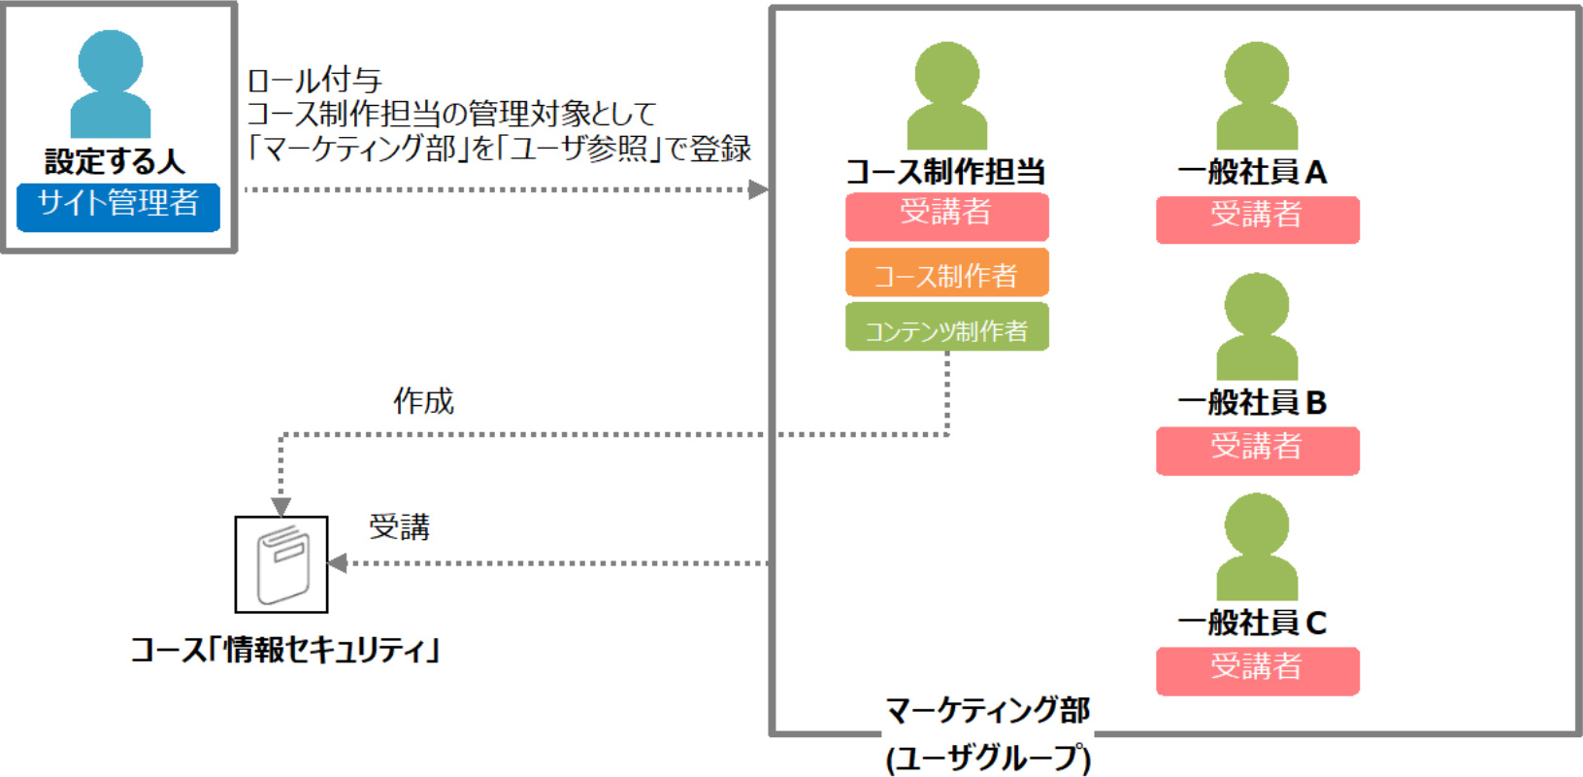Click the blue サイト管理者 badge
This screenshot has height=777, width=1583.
(118, 207)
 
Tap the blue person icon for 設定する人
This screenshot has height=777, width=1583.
(111, 84)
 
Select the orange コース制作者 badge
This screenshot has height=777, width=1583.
(947, 272)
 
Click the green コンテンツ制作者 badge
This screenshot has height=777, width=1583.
(947, 326)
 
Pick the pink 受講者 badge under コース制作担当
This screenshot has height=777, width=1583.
(947, 217)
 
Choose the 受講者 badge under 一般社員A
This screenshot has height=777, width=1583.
(1258, 220)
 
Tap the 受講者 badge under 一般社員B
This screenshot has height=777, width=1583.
(1258, 451)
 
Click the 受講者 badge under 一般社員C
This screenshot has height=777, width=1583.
(1258, 671)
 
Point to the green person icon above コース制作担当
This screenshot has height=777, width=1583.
(947, 95)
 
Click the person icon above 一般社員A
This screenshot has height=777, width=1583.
(1257, 95)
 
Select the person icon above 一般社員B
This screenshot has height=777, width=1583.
(1257, 326)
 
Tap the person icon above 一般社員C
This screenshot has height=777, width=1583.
(1257, 547)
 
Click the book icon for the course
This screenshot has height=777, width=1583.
(281, 564)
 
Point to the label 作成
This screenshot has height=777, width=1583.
(423, 401)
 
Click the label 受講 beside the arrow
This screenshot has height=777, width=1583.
(399, 526)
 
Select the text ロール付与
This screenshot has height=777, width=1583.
(314, 81)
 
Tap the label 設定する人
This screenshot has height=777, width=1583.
(115, 161)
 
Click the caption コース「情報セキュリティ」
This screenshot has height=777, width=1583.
(284, 650)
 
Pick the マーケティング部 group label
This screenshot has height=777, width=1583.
(988, 710)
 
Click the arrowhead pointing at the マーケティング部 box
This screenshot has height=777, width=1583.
(759, 189)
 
